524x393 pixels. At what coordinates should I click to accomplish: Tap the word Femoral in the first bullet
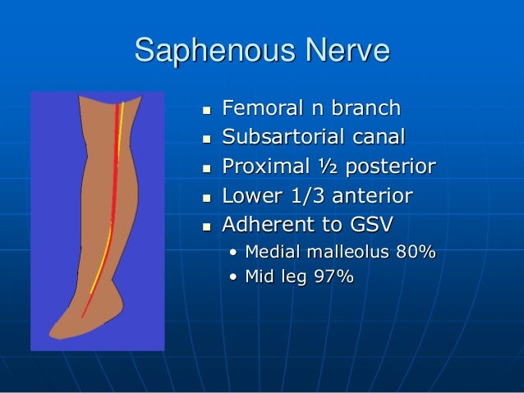260,108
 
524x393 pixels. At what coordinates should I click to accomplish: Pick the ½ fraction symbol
324,167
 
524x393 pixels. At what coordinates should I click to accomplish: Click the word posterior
389,167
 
